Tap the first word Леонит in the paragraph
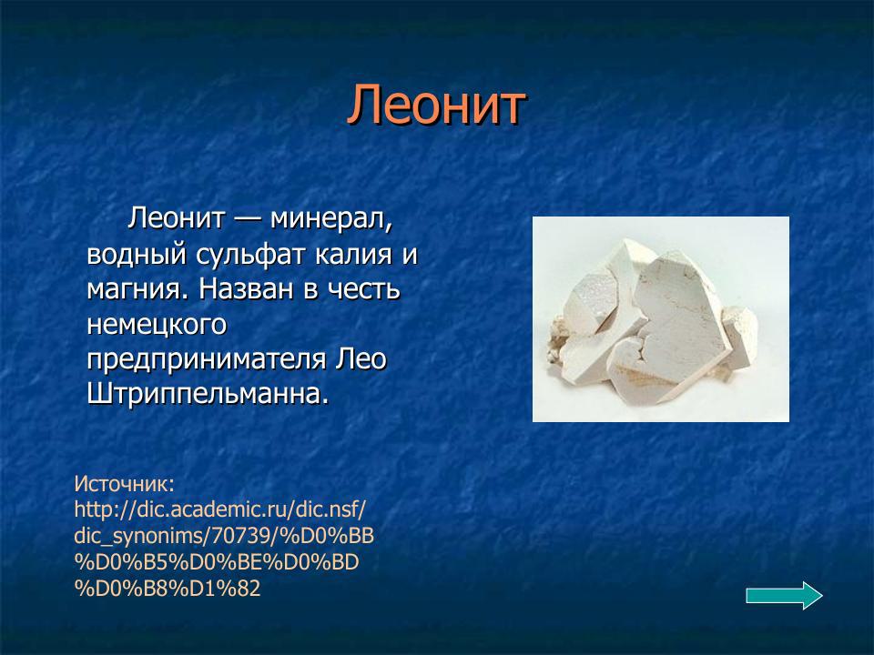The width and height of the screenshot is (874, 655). pos(176,218)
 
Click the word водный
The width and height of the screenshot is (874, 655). pos(132,254)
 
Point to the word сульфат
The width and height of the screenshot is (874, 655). pos(247,254)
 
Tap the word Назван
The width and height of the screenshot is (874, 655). pos(246,289)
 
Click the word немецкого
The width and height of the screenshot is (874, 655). pos(156,324)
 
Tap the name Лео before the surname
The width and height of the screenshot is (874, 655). pos(362,358)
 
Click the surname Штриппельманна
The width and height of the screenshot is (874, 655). pos(208,394)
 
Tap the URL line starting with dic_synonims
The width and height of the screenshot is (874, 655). pos(224,535)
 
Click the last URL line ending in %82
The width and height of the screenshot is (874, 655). pos(168,588)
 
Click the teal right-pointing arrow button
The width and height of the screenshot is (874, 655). pos(784,596)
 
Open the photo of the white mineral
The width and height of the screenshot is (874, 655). pos(660,319)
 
